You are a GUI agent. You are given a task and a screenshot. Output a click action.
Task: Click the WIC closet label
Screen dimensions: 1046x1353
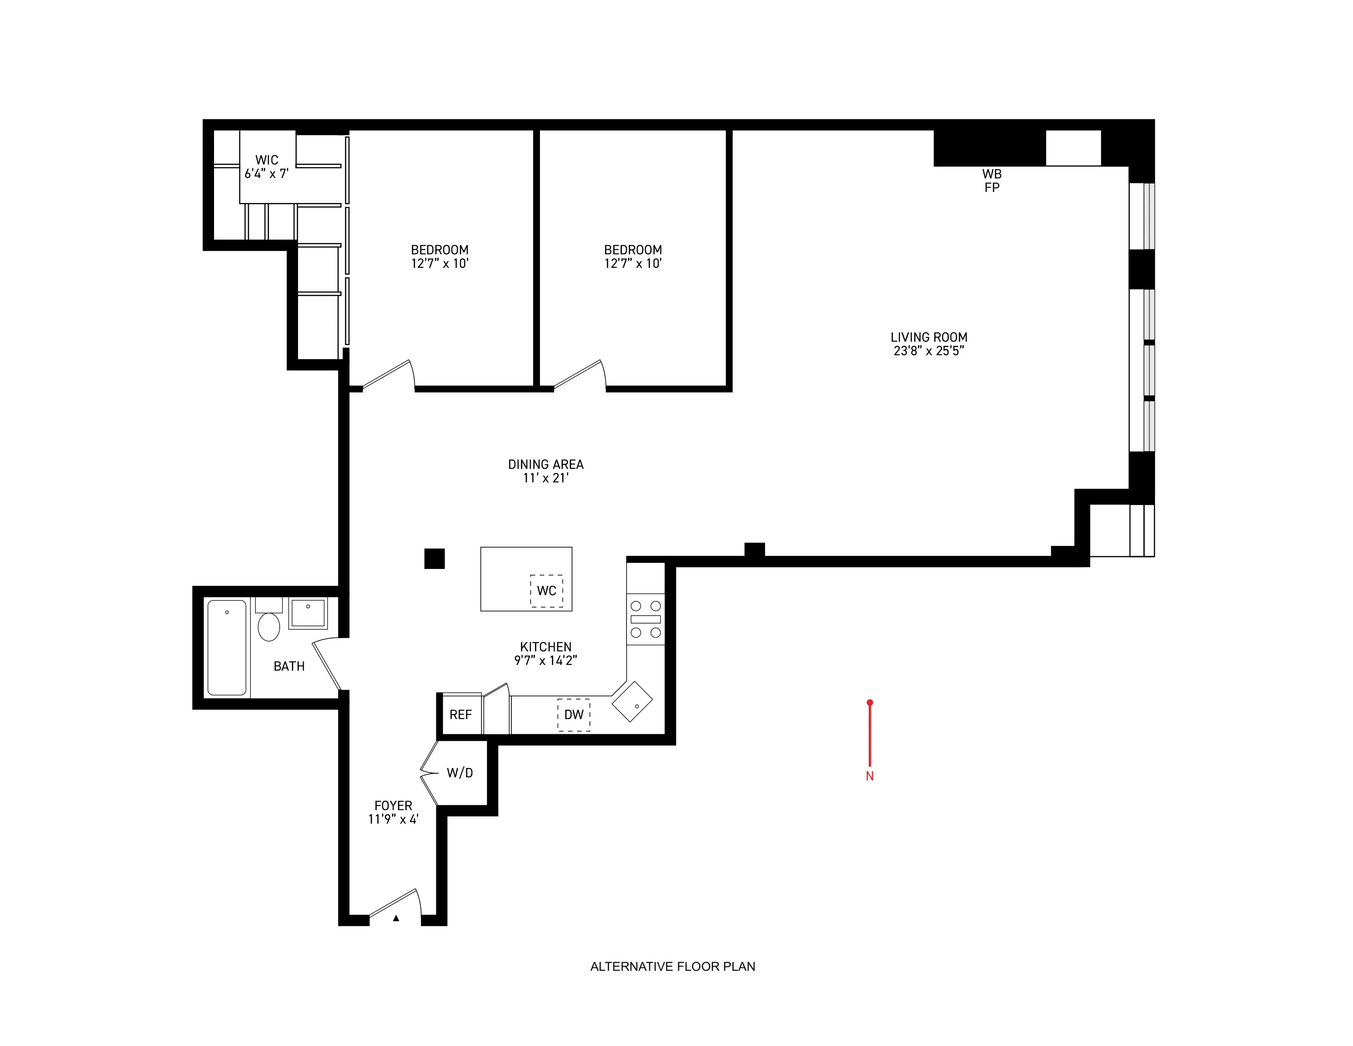point(266,160)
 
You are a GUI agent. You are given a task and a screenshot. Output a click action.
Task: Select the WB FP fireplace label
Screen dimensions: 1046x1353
point(991,180)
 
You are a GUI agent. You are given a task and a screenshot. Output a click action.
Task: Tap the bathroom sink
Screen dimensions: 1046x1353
point(308,613)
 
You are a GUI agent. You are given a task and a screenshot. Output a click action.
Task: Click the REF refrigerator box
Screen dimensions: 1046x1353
point(460,715)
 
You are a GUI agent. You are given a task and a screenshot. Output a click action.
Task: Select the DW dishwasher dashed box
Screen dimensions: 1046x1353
point(574,715)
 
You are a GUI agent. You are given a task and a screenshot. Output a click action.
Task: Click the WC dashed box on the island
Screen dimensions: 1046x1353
point(547,591)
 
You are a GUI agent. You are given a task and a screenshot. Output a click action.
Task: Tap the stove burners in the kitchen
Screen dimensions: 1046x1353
point(645,619)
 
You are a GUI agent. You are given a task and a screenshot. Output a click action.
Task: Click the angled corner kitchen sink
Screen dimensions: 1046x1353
point(633,701)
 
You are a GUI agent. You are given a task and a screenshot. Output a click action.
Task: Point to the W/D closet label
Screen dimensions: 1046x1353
point(460,773)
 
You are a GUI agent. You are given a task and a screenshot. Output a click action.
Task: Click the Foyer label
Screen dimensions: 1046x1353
point(393,806)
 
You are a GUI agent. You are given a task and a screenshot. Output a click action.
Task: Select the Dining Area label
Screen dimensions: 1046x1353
point(545,464)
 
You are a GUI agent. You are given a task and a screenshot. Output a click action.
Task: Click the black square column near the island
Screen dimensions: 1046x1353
point(434,558)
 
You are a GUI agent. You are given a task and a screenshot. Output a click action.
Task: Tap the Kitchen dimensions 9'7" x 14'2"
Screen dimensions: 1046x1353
point(545,660)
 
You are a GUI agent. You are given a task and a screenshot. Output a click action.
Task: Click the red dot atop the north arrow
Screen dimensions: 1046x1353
point(870,702)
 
